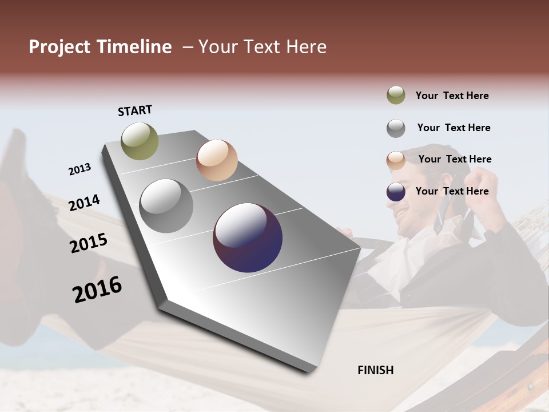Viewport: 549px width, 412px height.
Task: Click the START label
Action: pyautogui.click(x=135, y=110)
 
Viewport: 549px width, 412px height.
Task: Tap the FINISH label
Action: pyautogui.click(x=375, y=370)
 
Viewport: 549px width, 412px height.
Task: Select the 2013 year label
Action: pyautogui.click(x=79, y=169)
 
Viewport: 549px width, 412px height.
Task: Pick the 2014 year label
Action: pyautogui.click(x=84, y=203)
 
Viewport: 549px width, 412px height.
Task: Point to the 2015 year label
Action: pyautogui.click(x=88, y=243)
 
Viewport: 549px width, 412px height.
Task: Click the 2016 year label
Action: pyautogui.click(x=97, y=290)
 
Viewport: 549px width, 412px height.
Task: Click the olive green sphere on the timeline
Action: pyautogui.click(x=140, y=141)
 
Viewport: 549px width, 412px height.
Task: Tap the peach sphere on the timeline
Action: pyautogui.click(x=217, y=160)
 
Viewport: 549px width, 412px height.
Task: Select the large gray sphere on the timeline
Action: pyautogui.click(x=166, y=206)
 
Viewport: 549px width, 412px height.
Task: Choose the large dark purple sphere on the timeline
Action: pyautogui.click(x=248, y=238)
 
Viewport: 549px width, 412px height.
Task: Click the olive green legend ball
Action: pyautogui.click(x=396, y=95)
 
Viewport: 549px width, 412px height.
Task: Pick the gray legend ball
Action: pyautogui.click(x=396, y=128)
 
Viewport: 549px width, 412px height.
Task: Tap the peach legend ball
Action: pyautogui.click(x=396, y=160)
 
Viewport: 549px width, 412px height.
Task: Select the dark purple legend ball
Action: pyautogui.click(x=396, y=192)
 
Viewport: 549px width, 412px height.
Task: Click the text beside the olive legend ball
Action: pyautogui.click(x=452, y=96)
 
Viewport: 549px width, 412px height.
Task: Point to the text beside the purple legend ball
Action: pyautogui.click(x=452, y=191)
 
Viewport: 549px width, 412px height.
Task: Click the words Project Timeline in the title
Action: pyautogui.click(x=100, y=47)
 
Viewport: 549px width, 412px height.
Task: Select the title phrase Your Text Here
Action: pyautogui.click(x=262, y=47)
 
